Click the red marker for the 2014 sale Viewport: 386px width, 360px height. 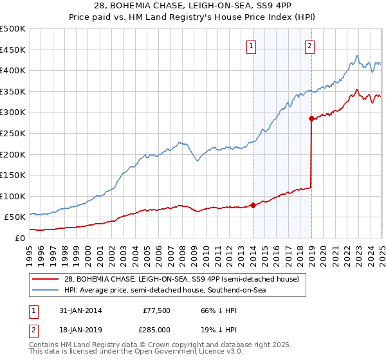click(x=253, y=206)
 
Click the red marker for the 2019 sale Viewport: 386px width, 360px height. click(x=311, y=119)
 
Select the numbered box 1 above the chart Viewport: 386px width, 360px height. click(x=250, y=46)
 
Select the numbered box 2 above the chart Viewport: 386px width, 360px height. click(x=309, y=46)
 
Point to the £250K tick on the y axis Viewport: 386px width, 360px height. click(x=13, y=133)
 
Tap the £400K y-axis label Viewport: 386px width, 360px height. click(x=13, y=71)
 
